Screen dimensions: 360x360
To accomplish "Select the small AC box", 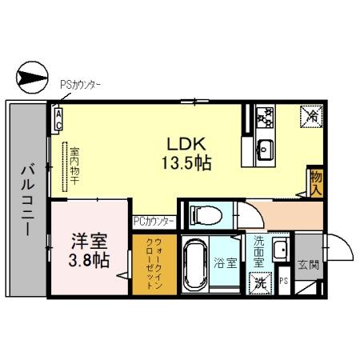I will point(58,120).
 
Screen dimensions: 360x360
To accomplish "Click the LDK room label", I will point(187,143).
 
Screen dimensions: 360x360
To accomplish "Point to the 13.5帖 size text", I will point(189,162).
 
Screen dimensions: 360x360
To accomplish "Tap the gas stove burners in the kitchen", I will point(265,119).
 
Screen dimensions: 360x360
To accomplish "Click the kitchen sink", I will point(265,150).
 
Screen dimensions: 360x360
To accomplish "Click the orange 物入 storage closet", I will point(316,182).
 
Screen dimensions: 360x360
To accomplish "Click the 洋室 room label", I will point(89,242).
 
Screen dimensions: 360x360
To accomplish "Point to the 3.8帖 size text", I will point(89,261).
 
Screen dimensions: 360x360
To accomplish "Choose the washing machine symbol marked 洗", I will point(261,282).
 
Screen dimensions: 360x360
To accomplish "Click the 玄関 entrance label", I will point(308,263).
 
